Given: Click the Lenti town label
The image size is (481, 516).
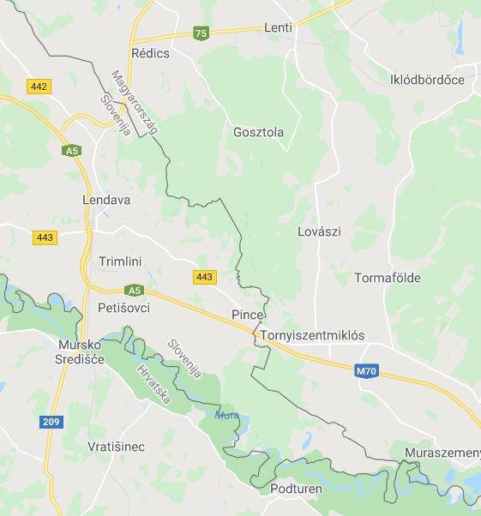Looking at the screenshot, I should click(279, 27).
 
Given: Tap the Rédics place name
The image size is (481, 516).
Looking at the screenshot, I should click(151, 53).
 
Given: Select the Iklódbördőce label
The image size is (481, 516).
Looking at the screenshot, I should click(427, 80).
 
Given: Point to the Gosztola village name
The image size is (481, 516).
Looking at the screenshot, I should click(258, 132).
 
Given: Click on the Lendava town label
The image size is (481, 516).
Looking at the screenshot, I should click(106, 200).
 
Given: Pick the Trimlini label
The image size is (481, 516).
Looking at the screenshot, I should click(120, 261).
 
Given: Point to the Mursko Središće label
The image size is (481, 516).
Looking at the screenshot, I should click(81, 351).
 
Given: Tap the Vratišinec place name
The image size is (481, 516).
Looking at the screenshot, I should click(116, 447).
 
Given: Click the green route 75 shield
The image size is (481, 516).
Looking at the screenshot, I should click(201, 33).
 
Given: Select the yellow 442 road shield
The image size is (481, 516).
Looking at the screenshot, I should click(39, 87).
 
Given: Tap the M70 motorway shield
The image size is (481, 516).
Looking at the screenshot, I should click(366, 371).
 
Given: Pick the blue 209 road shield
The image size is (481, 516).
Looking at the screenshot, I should click(51, 422).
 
